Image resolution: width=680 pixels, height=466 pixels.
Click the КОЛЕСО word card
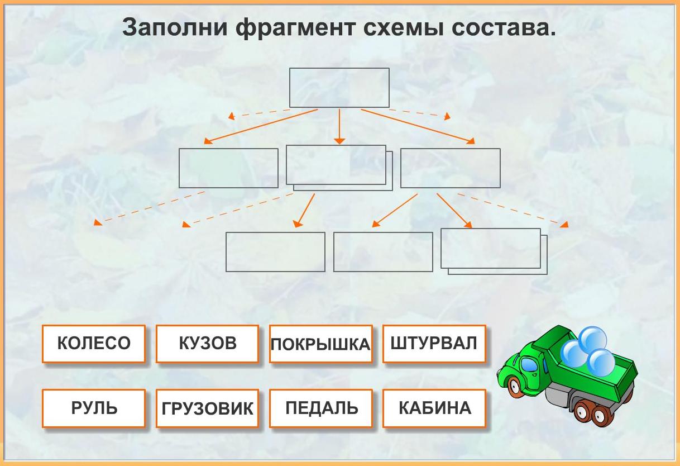coord(94,344)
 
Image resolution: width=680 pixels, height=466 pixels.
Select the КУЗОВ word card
coord(207,344)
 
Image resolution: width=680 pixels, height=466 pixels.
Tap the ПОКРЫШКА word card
coord(320,344)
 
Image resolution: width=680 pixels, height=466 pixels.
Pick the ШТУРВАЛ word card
coord(434,344)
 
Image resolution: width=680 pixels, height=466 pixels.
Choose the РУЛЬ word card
coord(94,408)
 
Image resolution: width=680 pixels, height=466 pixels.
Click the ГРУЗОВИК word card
coord(207,408)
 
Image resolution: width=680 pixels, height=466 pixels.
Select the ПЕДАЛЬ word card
coord(320,408)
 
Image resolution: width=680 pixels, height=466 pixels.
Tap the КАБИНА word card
coord(434,408)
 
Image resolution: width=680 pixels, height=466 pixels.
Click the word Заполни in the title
coord(175,27)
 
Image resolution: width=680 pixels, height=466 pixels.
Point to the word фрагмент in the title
coord(296,28)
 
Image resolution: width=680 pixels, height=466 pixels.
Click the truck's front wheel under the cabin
coord(515,387)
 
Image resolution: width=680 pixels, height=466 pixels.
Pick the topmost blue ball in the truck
coord(592,340)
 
